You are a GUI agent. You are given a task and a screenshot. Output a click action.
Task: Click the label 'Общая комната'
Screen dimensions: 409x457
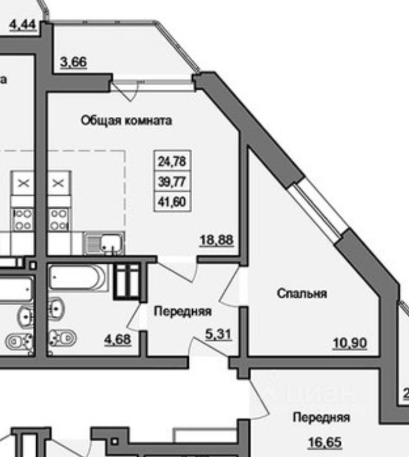[126, 121]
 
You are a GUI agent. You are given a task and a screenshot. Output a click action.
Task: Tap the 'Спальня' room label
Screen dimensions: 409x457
[302, 294]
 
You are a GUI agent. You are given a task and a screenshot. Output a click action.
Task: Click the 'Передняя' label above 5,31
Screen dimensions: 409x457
[183, 311]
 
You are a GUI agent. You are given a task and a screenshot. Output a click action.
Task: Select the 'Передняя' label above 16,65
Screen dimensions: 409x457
[321, 418]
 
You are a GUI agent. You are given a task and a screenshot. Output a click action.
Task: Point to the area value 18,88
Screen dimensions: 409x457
[216, 240]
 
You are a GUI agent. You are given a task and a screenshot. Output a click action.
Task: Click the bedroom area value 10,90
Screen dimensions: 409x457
[350, 344]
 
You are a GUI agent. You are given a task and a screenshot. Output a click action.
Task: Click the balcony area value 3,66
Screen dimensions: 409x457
[73, 63]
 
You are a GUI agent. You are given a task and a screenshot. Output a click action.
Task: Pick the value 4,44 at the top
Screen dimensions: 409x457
[23, 24]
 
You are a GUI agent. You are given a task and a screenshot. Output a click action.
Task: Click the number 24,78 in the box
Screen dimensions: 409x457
[171, 160]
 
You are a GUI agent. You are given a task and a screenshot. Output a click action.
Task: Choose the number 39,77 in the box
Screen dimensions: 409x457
[171, 181]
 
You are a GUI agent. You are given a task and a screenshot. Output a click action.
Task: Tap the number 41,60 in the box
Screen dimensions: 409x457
[171, 202]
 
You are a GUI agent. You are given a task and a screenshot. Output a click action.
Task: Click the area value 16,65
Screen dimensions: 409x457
[324, 443]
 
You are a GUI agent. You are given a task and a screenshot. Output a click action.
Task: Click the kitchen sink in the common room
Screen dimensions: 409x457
[104, 243]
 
